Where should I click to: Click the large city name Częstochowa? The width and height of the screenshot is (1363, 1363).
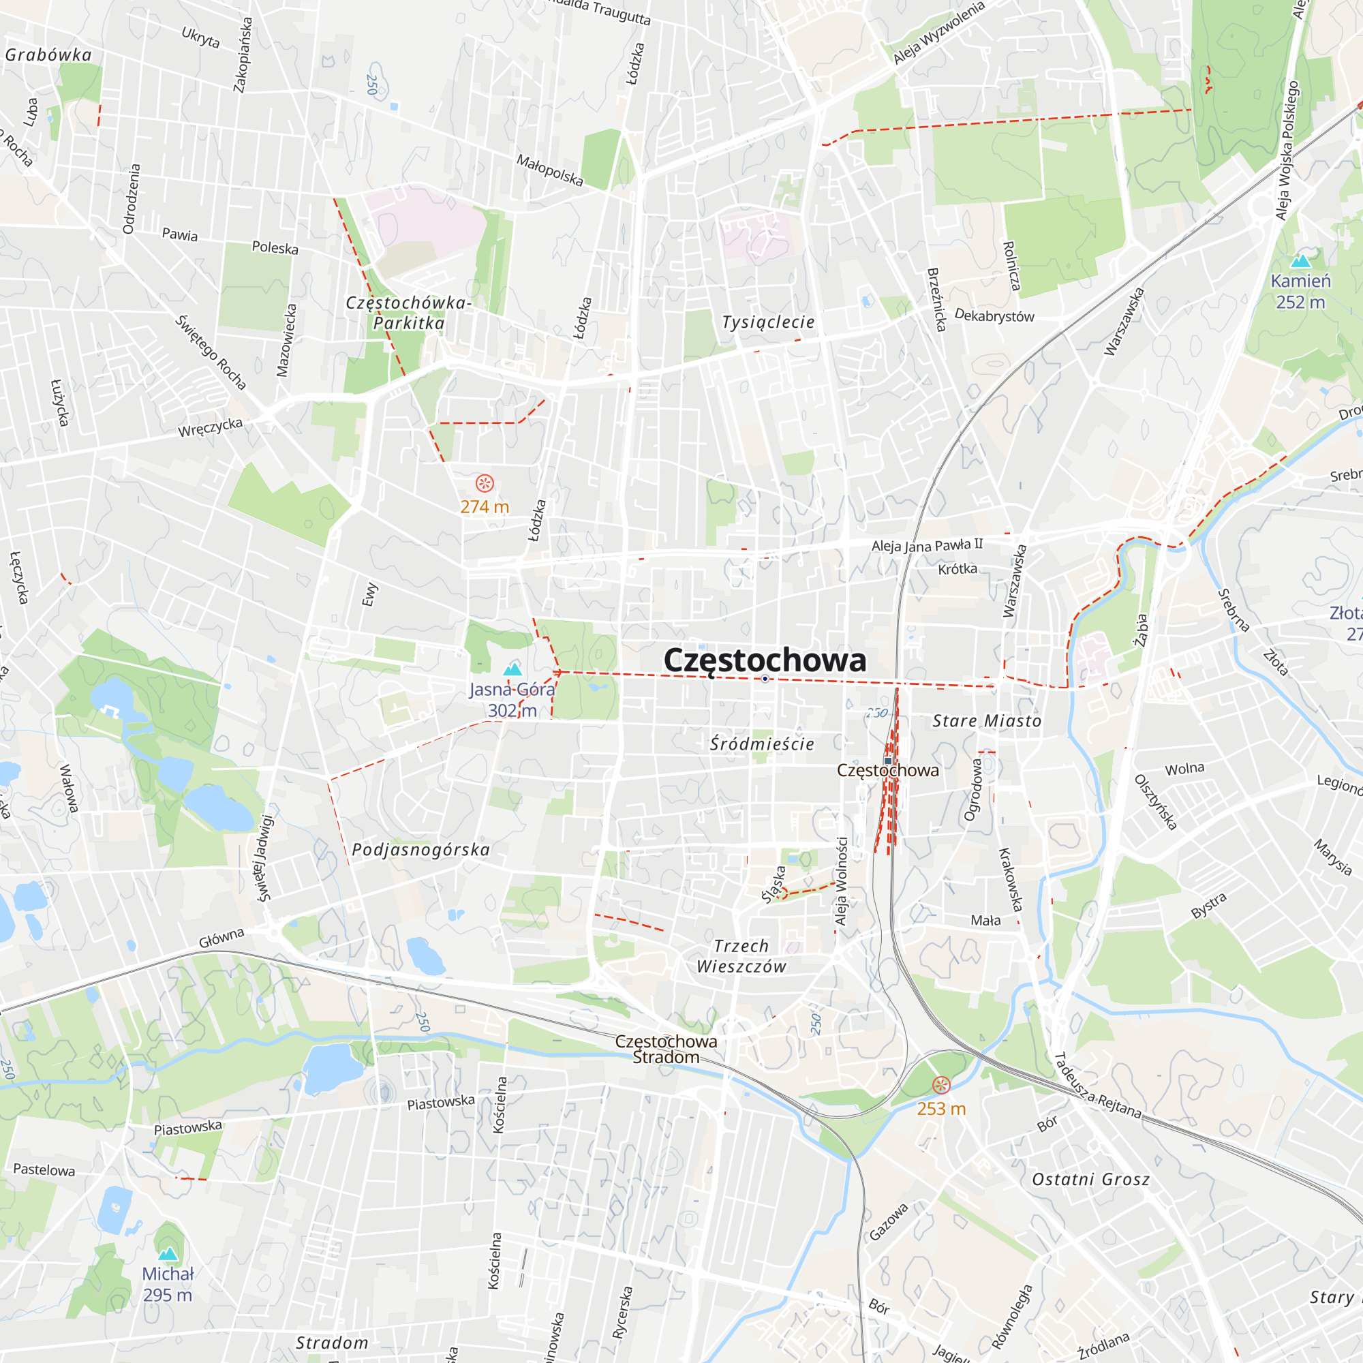(765, 660)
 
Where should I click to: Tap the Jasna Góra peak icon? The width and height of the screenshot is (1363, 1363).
(513, 669)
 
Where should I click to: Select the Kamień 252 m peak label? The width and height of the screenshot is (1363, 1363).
(1300, 292)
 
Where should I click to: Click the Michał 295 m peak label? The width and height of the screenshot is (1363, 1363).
(167, 1284)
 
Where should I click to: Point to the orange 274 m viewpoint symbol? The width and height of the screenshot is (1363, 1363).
(485, 483)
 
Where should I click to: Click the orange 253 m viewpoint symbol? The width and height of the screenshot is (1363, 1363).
(941, 1085)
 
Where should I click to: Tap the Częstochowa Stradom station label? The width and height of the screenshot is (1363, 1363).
(665, 1049)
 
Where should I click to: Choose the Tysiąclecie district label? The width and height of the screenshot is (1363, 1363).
(767, 322)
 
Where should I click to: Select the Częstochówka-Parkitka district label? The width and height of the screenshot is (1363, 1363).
(408, 313)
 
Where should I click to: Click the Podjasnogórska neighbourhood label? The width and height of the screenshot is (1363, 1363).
(420, 849)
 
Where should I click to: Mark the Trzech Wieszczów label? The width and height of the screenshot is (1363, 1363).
(741, 956)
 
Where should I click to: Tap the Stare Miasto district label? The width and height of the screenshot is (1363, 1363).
(986, 721)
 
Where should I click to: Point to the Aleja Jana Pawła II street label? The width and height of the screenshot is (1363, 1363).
(926, 545)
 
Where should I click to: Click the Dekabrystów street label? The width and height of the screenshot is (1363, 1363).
(994, 316)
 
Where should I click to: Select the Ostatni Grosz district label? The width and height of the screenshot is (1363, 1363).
(1090, 1180)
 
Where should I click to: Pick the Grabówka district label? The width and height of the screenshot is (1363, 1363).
(48, 55)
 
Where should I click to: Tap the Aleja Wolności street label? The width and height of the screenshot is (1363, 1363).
(841, 881)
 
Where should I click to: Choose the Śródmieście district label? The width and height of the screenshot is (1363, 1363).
(762, 744)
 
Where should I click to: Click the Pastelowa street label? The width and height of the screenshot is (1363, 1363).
(44, 1169)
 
